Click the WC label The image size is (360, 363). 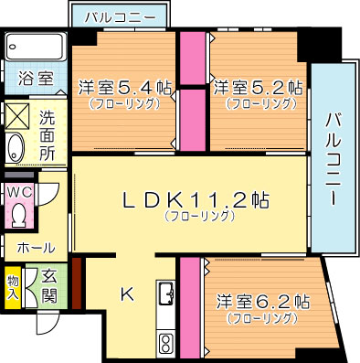point(19,193)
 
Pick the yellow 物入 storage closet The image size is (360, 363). point(14,288)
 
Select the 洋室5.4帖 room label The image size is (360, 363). point(125,89)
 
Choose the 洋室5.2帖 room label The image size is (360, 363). point(259,89)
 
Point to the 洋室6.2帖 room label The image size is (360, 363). point(263,301)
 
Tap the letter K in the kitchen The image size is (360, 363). point(126,294)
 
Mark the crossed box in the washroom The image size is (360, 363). point(17,115)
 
